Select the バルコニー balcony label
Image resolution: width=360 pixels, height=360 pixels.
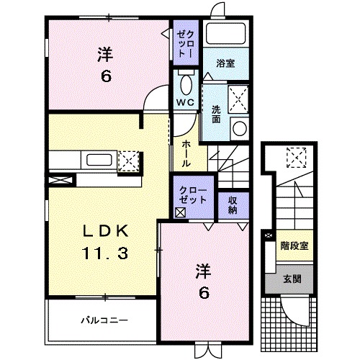click(x=103, y=318)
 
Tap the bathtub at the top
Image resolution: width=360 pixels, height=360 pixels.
click(x=225, y=35)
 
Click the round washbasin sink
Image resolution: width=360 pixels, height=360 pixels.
click(x=239, y=127)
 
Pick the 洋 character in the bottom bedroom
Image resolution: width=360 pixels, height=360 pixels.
click(x=204, y=271)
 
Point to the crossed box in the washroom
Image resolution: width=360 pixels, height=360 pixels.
click(x=238, y=96)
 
